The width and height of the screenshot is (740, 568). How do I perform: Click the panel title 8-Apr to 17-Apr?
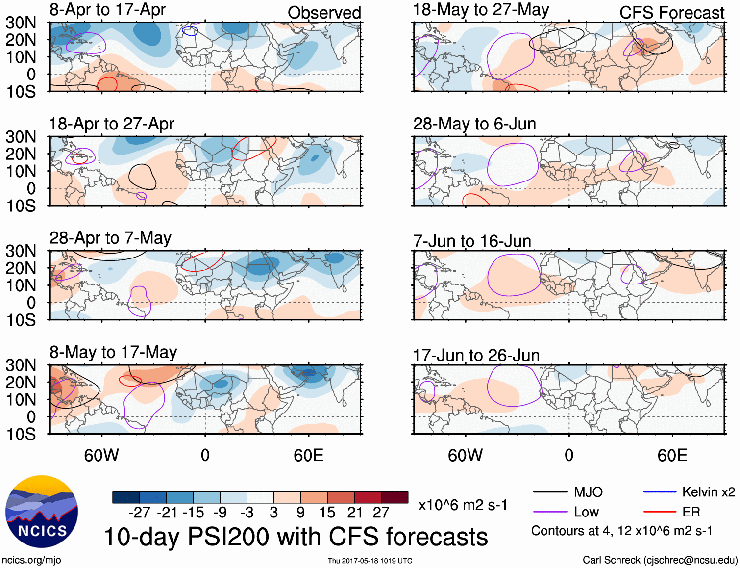pyautogui.click(x=107, y=10)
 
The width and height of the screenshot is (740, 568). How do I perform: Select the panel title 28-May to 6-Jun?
pyautogui.click(x=474, y=124)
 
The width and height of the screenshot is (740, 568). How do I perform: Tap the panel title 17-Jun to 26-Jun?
pyautogui.click(x=476, y=355)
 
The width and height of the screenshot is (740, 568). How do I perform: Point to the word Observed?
pyautogui.click(x=324, y=13)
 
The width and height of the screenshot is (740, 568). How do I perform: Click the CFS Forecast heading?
pyautogui.click(x=671, y=13)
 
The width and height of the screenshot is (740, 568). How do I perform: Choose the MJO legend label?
pyautogui.click(x=588, y=492)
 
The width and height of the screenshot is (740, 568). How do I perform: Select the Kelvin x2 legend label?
pyautogui.click(x=708, y=492)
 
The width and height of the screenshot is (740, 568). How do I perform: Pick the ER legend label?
pyautogui.click(x=691, y=512)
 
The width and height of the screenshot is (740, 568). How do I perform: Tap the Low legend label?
pyautogui.click(x=586, y=512)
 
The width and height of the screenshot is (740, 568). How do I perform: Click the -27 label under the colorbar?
pyautogui.click(x=139, y=513)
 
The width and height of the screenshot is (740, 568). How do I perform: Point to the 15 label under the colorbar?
pyautogui.click(x=327, y=513)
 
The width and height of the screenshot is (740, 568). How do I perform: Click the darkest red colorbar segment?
pyautogui.click(x=395, y=497)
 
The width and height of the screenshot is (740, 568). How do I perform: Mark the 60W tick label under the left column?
pyautogui.click(x=101, y=455)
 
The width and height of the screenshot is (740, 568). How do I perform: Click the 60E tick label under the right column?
pyautogui.click(x=672, y=455)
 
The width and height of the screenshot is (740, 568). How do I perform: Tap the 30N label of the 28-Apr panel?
pyautogui.click(x=21, y=251)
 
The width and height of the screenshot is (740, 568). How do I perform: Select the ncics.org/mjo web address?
pyautogui.click(x=31, y=560)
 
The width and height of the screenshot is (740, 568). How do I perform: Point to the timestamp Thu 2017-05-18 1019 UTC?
pyautogui.click(x=370, y=561)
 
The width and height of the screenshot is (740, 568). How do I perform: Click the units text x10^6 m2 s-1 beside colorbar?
pyautogui.click(x=463, y=505)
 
